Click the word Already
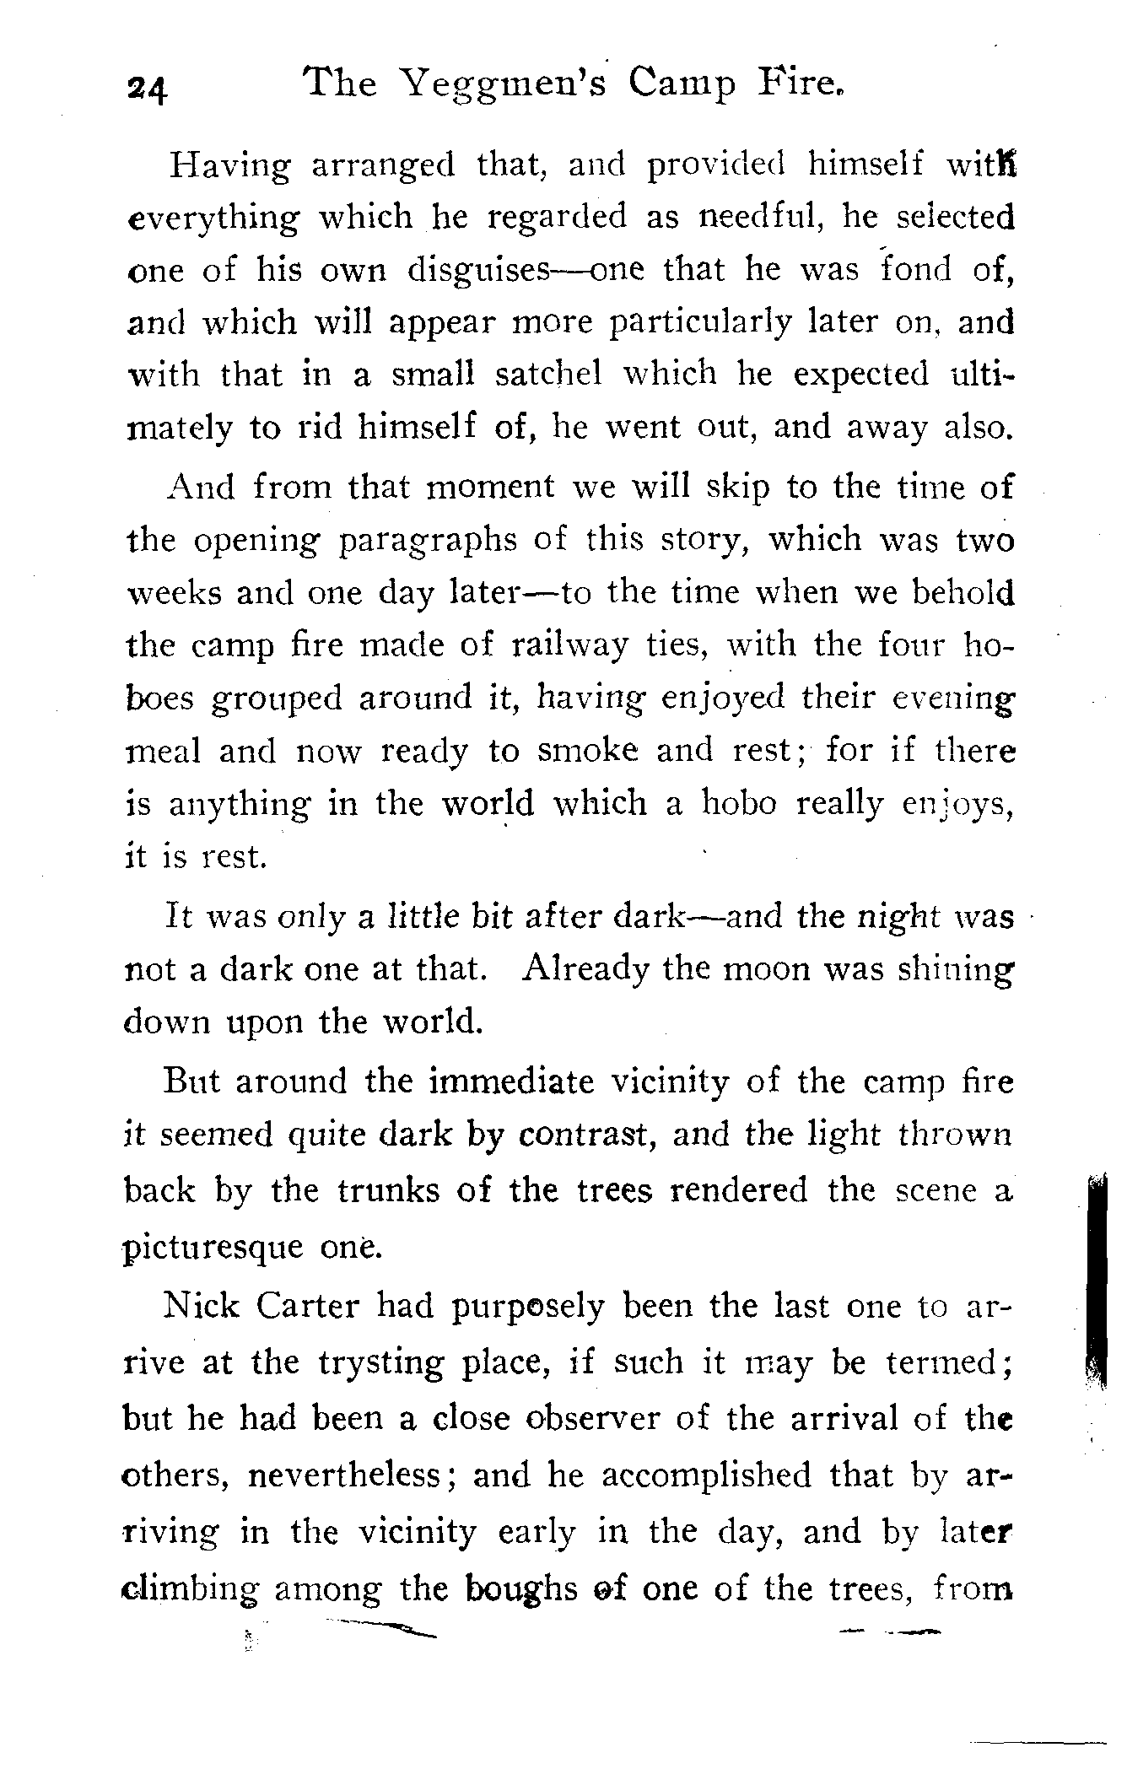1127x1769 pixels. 585,968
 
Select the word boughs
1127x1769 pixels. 520,1589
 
